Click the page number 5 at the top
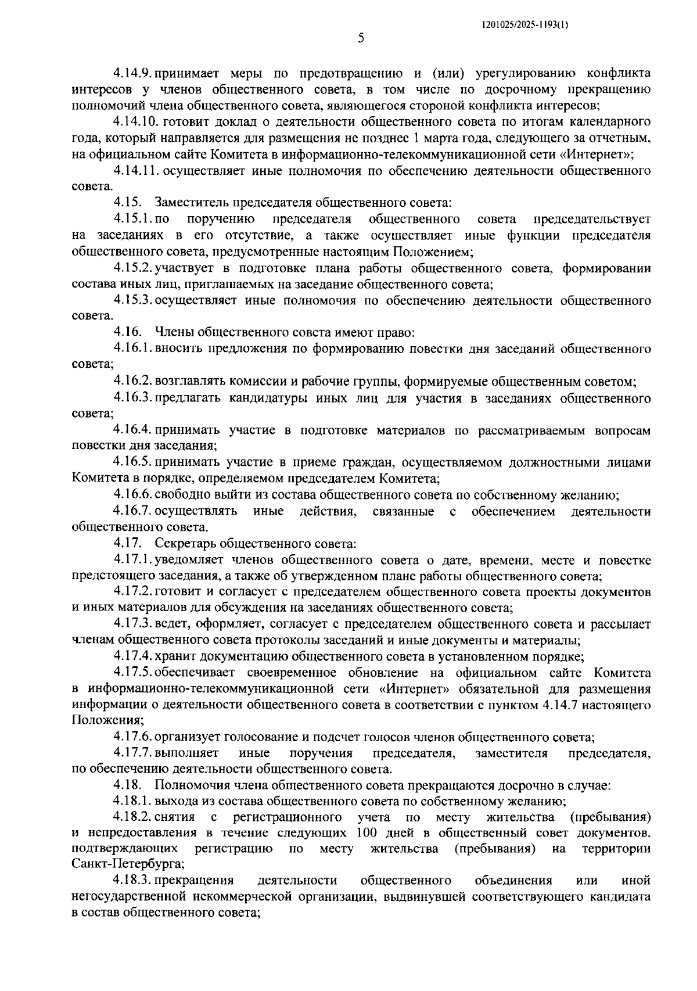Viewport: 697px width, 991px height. (361, 39)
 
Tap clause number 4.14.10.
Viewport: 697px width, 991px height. (136, 122)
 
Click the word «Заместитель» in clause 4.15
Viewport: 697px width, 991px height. (191, 203)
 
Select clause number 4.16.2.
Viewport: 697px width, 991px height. (133, 382)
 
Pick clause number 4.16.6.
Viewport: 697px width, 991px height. (133, 495)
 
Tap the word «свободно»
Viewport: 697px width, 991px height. (180, 495)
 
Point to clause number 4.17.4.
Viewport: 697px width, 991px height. (133, 657)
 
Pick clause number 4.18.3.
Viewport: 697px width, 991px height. (133, 880)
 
